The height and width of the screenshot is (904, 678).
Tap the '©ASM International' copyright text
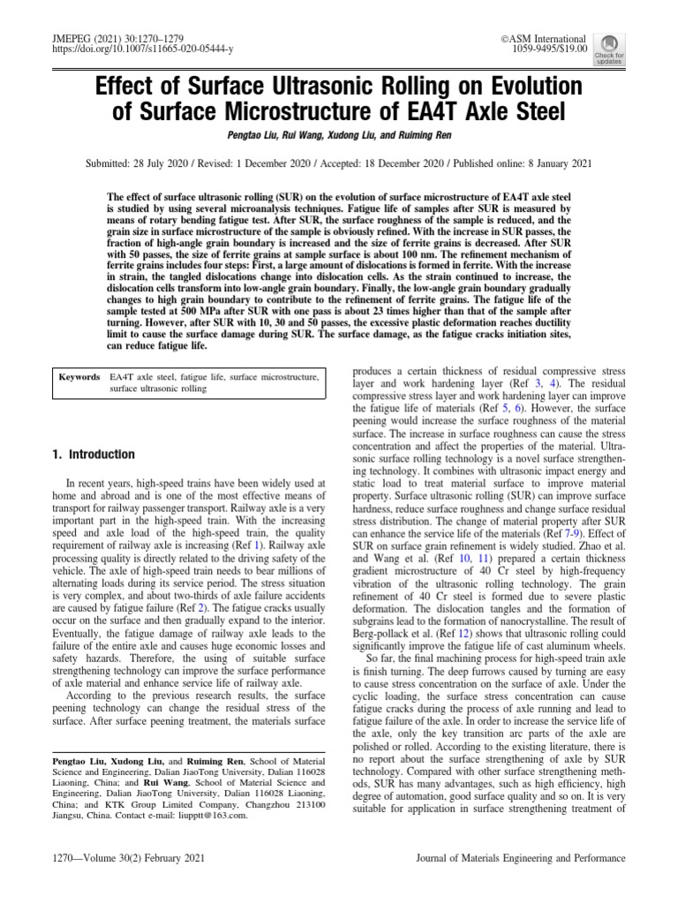point(543,40)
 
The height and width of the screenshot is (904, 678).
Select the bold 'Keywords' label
point(79,377)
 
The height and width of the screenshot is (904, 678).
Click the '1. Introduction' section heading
point(93,455)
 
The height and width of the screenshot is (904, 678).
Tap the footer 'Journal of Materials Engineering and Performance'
point(520,857)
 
